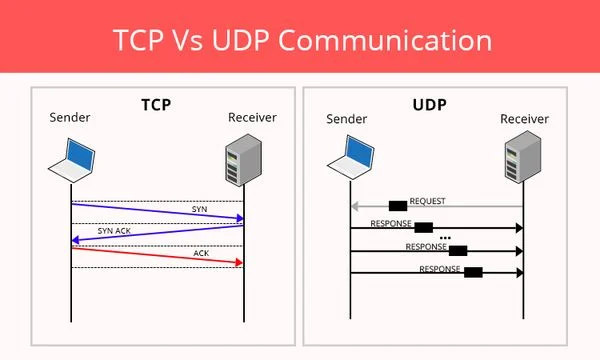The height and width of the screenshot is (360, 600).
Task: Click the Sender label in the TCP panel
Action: [x=69, y=120]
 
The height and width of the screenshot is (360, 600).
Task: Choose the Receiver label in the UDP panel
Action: [x=523, y=120]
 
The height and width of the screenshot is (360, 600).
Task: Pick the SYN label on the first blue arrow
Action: [x=200, y=208]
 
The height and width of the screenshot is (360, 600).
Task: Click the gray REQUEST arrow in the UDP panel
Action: [x=450, y=207]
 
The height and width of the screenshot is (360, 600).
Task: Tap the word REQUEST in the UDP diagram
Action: [x=427, y=201]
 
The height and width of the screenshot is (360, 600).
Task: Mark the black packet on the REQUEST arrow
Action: [x=397, y=206]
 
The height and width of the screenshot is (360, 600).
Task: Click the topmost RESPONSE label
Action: [x=391, y=223]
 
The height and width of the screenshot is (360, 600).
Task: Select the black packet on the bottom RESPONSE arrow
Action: [x=473, y=272]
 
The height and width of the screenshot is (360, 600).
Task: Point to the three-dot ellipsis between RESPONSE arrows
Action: [x=445, y=238]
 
